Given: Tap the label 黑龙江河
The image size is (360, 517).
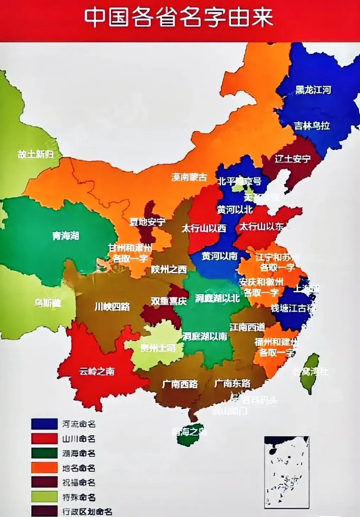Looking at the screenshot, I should (x=313, y=90).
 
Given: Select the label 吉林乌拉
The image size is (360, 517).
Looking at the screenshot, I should (x=312, y=126).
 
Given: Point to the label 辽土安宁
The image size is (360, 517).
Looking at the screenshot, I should (x=293, y=159).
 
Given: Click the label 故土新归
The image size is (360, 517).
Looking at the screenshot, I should (x=35, y=154).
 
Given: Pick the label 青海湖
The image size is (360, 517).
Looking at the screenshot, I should (x=65, y=236).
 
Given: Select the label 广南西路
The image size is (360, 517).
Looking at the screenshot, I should (x=180, y=384).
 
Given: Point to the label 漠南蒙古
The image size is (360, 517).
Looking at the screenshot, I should (x=189, y=177).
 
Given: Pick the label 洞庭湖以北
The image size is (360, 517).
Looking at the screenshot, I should (x=217, y=298).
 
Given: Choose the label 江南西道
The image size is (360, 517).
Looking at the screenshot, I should (x=247, y=327).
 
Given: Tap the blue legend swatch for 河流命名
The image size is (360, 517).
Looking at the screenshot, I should (x=44, y=424).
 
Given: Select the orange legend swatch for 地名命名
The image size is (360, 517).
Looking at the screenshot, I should (x=44, y=468).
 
